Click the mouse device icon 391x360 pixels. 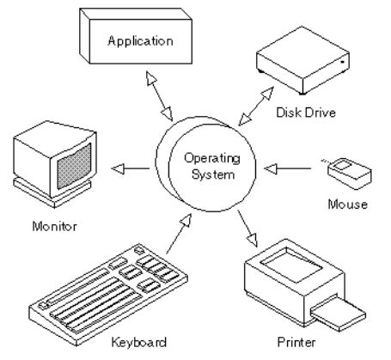click(348, 169)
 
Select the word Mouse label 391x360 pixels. click(348, 204)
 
